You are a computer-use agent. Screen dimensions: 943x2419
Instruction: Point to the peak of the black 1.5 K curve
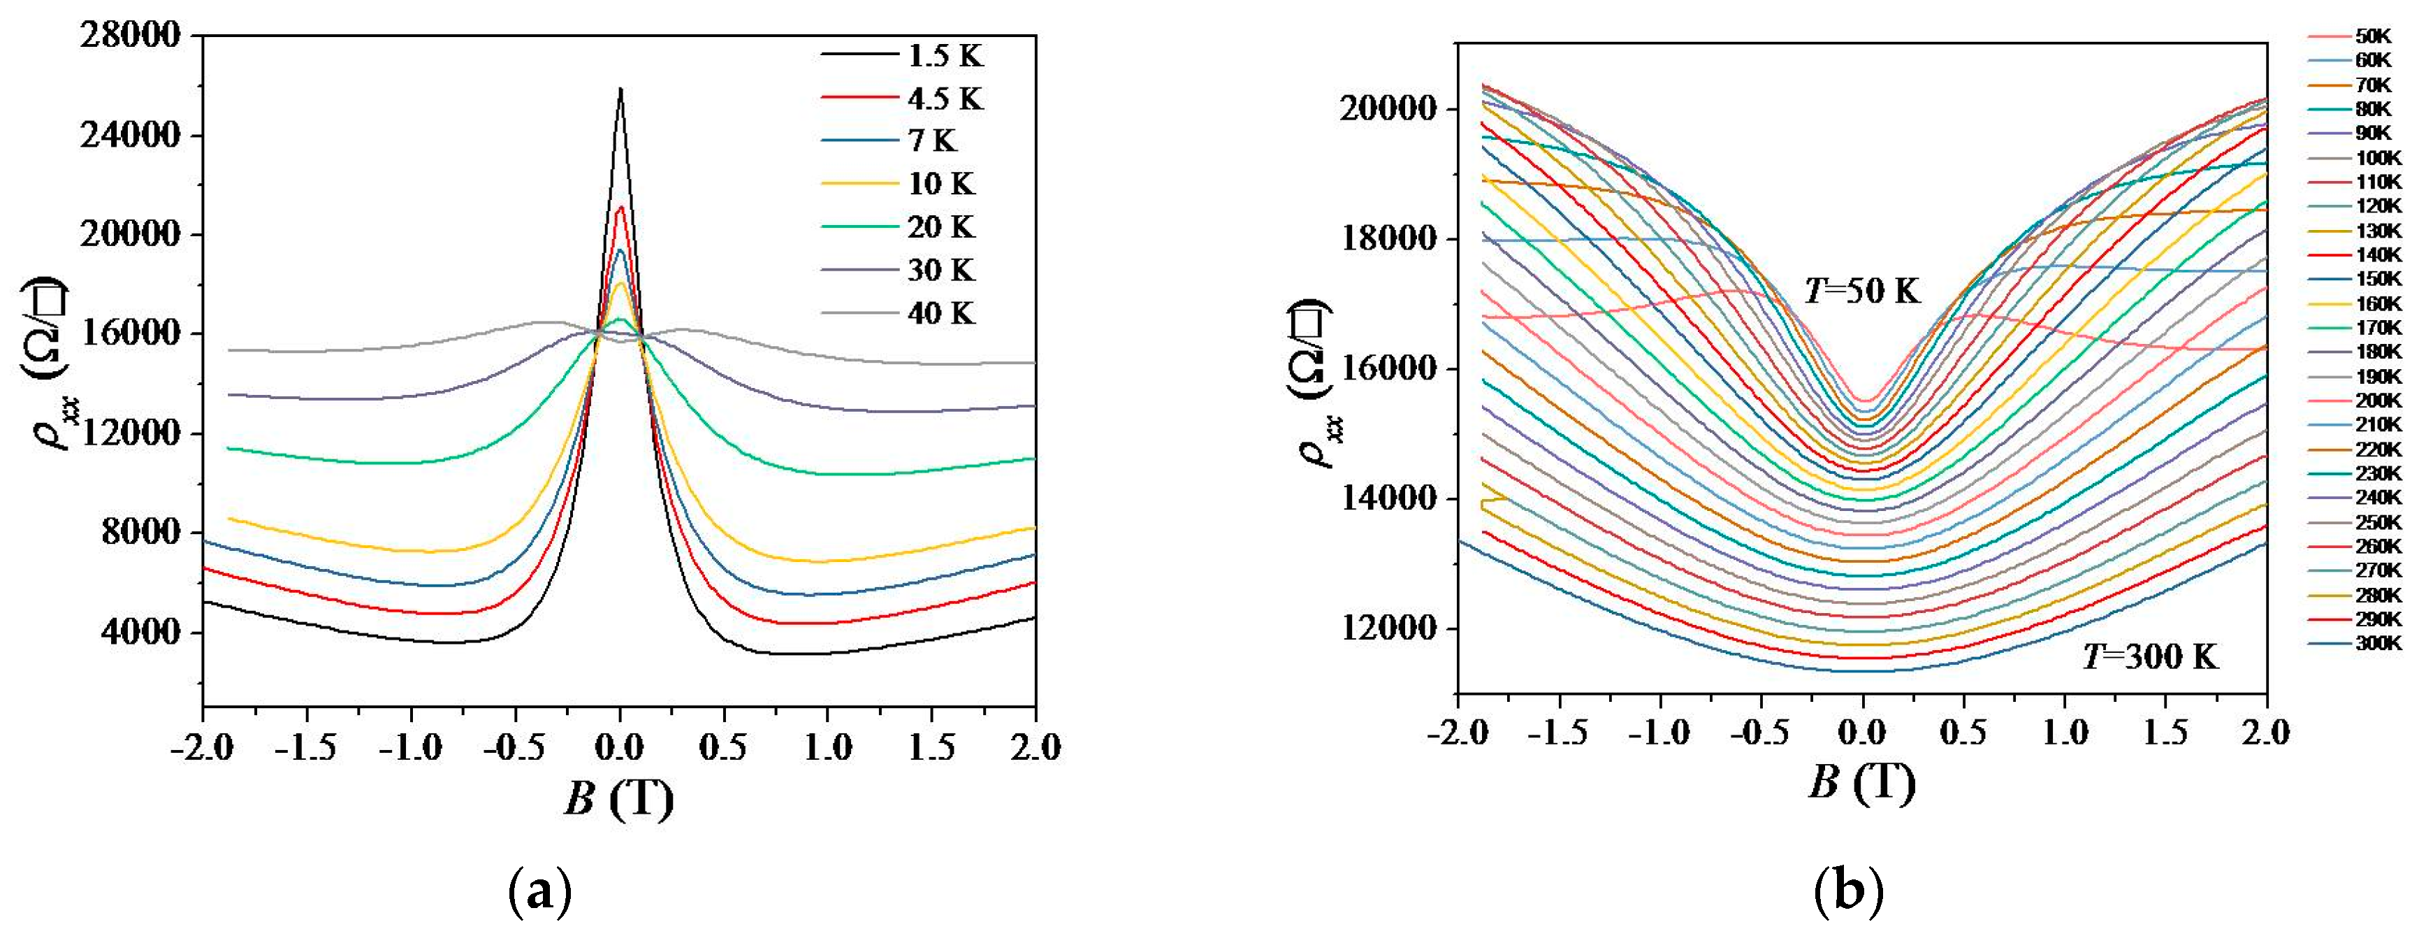[620, 89]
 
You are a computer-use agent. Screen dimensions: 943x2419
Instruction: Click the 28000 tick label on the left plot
[129, 36]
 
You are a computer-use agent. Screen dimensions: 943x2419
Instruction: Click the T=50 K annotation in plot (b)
[1862, 291]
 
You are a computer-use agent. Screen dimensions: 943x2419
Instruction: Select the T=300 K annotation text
[2151, 656]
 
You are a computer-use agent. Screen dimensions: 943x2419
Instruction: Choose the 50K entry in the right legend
[2373, 36]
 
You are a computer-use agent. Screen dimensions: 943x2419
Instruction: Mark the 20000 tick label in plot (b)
[1388, 109]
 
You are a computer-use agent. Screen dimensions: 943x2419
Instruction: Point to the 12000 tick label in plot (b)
[1388, 628]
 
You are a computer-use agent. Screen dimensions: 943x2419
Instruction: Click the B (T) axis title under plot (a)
[619, 799]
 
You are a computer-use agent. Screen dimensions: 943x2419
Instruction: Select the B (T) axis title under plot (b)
[1862, 782]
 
